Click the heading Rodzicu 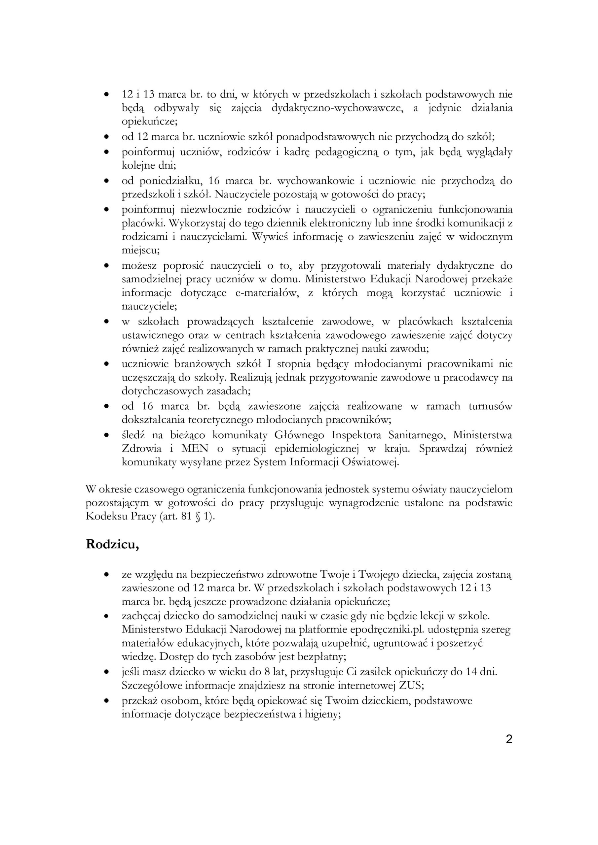pyautogui.click(x=112, y=545)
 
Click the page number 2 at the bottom pyautogui.click(x=509, y=739)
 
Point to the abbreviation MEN pyautogui.click(x=195, y=449)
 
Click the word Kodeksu pyautogui.click(x=104, y=516)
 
